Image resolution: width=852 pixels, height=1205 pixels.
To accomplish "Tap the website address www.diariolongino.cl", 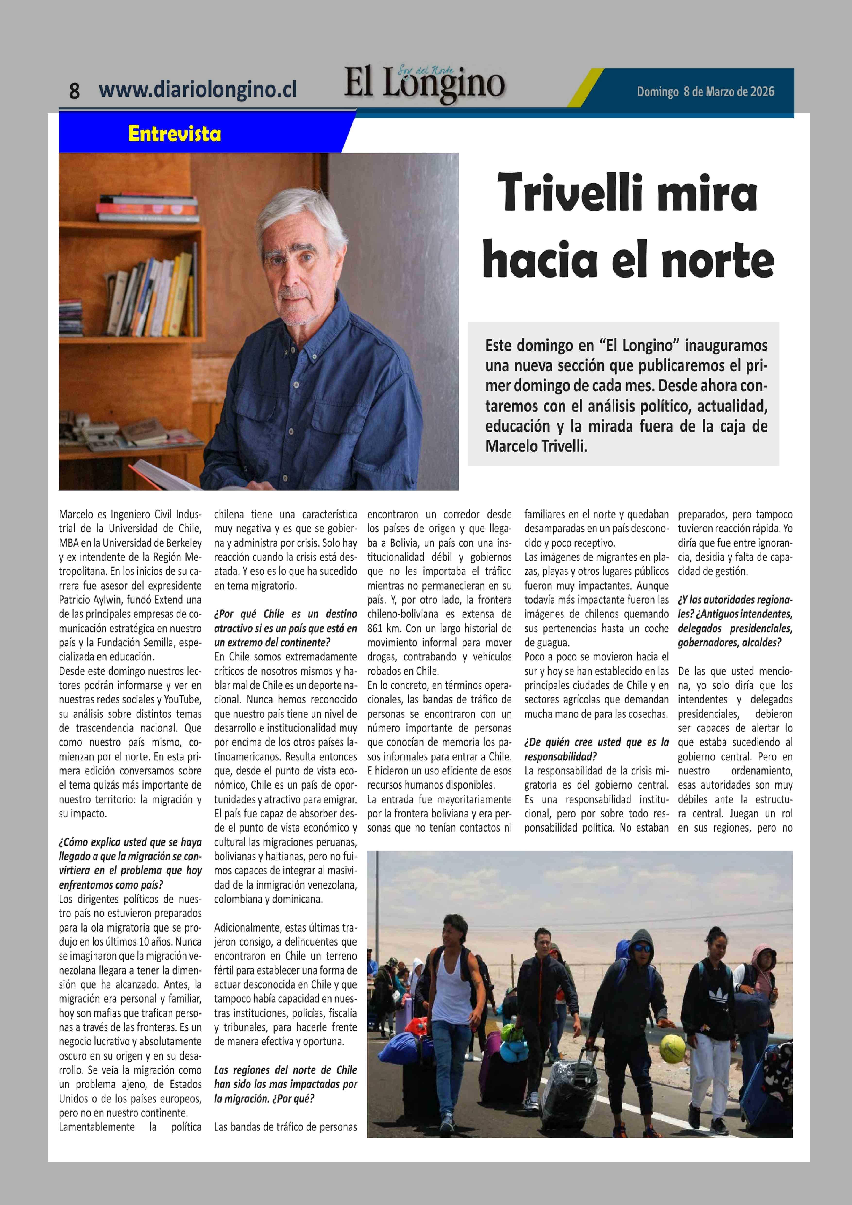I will [x=197, y=89].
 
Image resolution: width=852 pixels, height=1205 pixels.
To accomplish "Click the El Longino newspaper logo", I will [x=424, y=84].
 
